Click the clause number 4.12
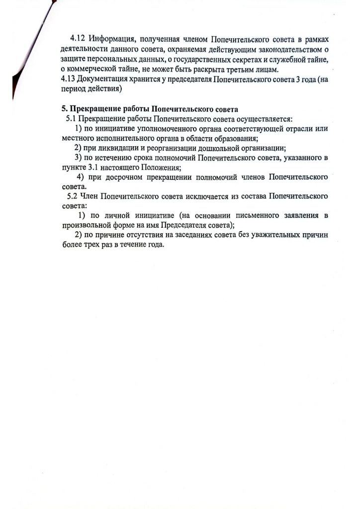click(78, 38)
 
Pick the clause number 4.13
click(67, 80)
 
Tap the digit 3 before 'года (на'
click(297, 80)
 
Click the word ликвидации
click(116, 148)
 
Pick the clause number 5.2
click(71, 196)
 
